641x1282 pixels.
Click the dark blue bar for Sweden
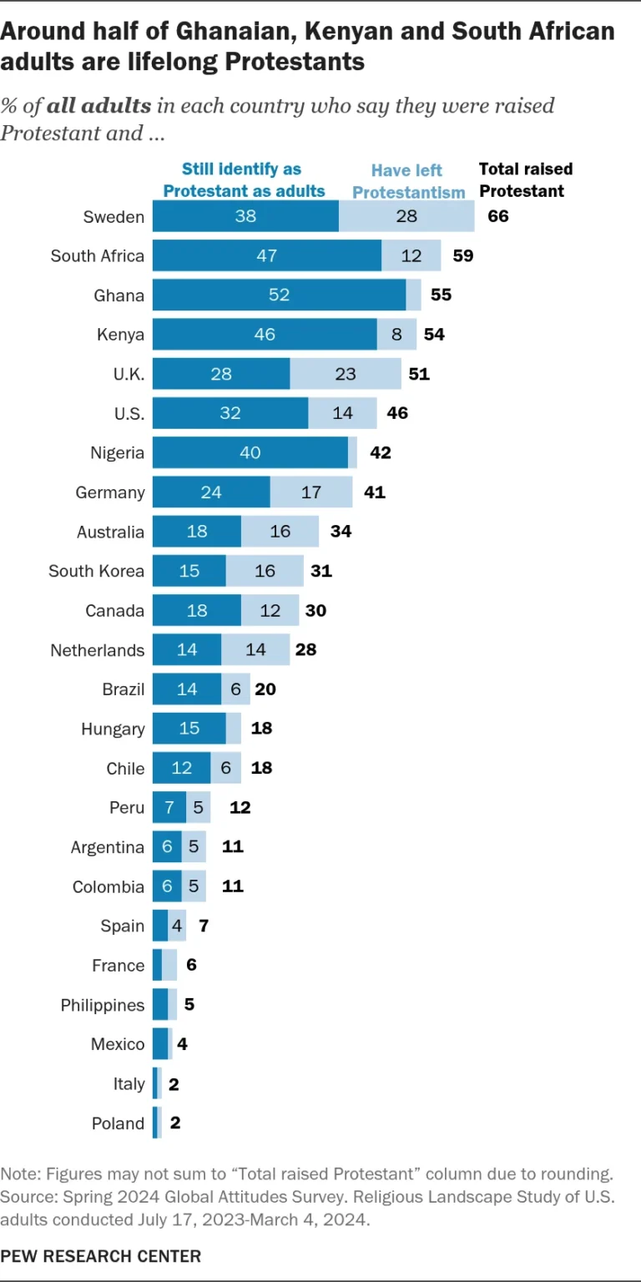pyautogui.click(x=245, y=217)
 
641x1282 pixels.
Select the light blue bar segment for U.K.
pyautogui.click(x=346, y=374)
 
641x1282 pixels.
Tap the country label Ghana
pyautogui.click(x=119, y=295)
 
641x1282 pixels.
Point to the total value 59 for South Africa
pyautogui.click(x=462, y=256)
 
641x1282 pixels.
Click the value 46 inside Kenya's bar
pyautogui.click(x=264, y=335)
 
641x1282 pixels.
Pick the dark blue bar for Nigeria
pyautogui.click(x=250, y=453)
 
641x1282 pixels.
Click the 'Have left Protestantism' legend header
pyautogui.click(x=408, y=181)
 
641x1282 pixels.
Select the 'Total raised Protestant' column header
pyautogui.click(x=525, y=179)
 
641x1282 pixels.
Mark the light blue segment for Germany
pyautogui.click(x=311, y=492)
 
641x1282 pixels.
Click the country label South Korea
pyautogui.click(x=96, y=572)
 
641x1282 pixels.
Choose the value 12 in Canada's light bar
pyautogui.click(x=270, y=611)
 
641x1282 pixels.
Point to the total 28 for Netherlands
pyautogui.click(x=305, y=650)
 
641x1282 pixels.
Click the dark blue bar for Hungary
pyautogui.click(x=189, y=729)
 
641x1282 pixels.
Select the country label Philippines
pyautogui.click(x=102, y=1005)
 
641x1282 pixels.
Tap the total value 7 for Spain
pyautogui.click(x=204, y=926)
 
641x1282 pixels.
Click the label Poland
pyautogui.click(x=118, y=1123)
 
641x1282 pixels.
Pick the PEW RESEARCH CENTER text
pyautogui.click(x=100, y=1255)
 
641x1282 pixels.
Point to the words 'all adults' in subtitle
pyautogui.click(x=99, y=107)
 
